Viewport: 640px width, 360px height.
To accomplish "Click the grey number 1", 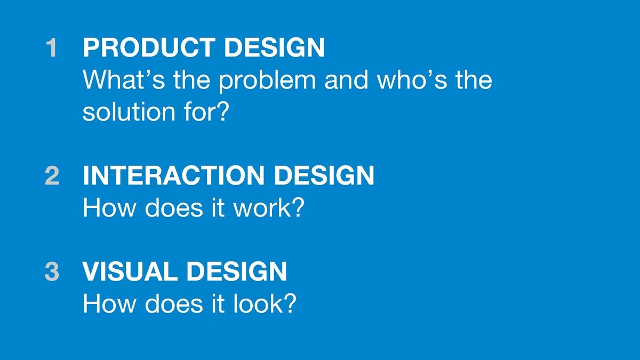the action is (x=52, y=47).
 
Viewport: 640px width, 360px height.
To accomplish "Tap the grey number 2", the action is (x=52, y=175).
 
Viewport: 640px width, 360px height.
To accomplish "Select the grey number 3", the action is (x=52, y=271).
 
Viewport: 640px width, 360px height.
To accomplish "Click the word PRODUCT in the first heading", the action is (x=149, y=47).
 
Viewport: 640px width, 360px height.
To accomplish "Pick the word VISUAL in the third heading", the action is (x=130, y=271).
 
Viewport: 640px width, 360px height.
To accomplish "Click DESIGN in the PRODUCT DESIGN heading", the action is (x=275, y=47).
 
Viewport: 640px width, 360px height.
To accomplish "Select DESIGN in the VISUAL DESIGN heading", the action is (x=237, y=271).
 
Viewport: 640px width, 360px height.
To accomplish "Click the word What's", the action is (x=124, y=79).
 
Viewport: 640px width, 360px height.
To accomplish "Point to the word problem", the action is (x=267, y=82).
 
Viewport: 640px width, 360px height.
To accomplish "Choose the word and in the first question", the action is (x=346, y=79).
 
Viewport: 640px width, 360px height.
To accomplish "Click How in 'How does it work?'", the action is (x=109, y=207).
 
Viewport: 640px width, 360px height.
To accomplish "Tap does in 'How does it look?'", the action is (x=174, y=303).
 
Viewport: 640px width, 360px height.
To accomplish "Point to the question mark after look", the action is (x=290, y=303).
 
